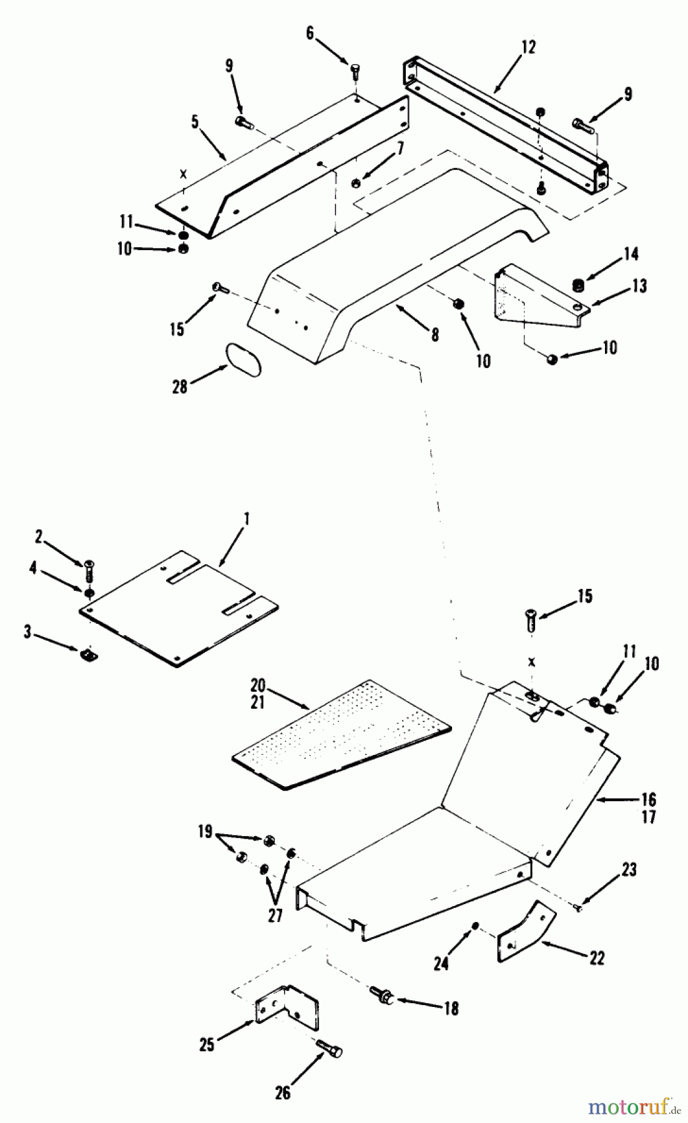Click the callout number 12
tap(528, 47)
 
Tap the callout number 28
tap(179, 387)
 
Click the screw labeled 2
tap(89, 568)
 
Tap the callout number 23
tap(628, 869)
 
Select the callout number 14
tap(631, 254)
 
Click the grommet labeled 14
tap(578, 286)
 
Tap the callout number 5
tap(195, 121)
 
